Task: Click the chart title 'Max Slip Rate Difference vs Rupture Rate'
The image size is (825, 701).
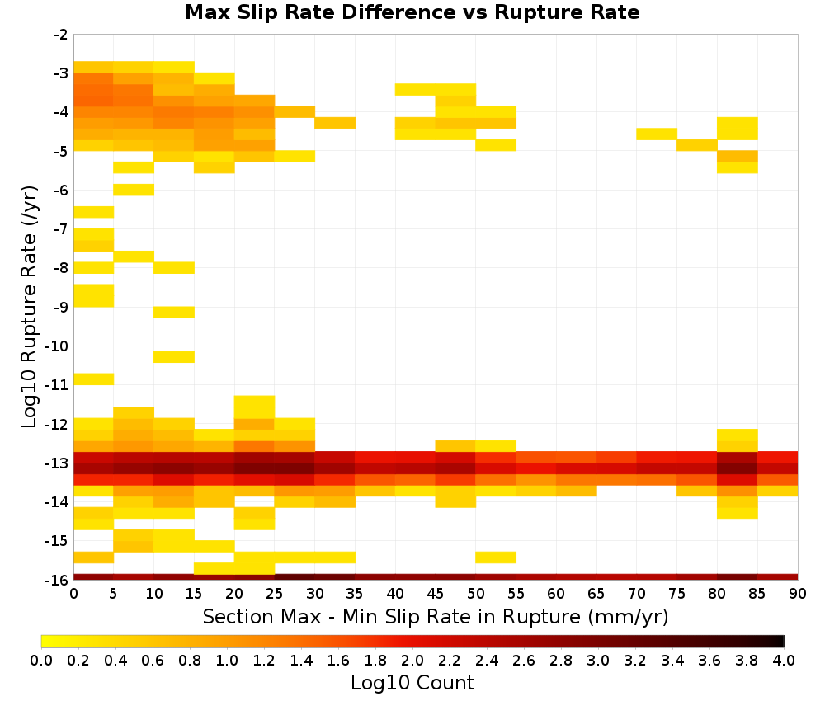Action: click(x=412, y=12)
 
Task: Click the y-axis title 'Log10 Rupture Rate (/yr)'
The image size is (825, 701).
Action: click(x=30, y=307)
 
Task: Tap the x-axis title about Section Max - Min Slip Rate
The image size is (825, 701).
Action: click(x=436, y=617)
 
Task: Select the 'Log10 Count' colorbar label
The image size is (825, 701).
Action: click(x=412, y=683)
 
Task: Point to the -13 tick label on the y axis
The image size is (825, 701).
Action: click(x=57, y=463)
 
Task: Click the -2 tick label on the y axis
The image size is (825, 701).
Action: click(x=60, y=35)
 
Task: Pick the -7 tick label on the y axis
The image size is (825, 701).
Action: click(x=60, y=230)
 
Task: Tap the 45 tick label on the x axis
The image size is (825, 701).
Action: click(x=436, y=594)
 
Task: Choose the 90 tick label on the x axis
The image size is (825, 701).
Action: click(x=798, y=594)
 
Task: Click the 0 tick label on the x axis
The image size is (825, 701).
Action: click(x=73, y=594)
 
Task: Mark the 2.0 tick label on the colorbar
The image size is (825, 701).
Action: click(x=412, y=660)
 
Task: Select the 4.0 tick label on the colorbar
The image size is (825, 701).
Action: click(x=784, y=660)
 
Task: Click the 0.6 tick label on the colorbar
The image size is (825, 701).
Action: click(x=153, y=660)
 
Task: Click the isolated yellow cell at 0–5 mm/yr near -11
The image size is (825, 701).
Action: click(x=94, y=379)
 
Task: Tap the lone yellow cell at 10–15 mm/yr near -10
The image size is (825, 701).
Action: click(x=174, y=356)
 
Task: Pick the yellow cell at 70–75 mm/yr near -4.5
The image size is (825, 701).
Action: click(x=657, y=134)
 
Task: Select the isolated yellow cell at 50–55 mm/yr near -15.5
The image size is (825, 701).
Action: click(x=496, y=558)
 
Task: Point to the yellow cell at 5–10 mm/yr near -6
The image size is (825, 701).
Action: click(x=134, y=190)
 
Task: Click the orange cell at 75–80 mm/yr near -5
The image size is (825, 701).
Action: click(x=696, y=145)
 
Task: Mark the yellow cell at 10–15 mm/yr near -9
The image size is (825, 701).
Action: click(x=174, y=313)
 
